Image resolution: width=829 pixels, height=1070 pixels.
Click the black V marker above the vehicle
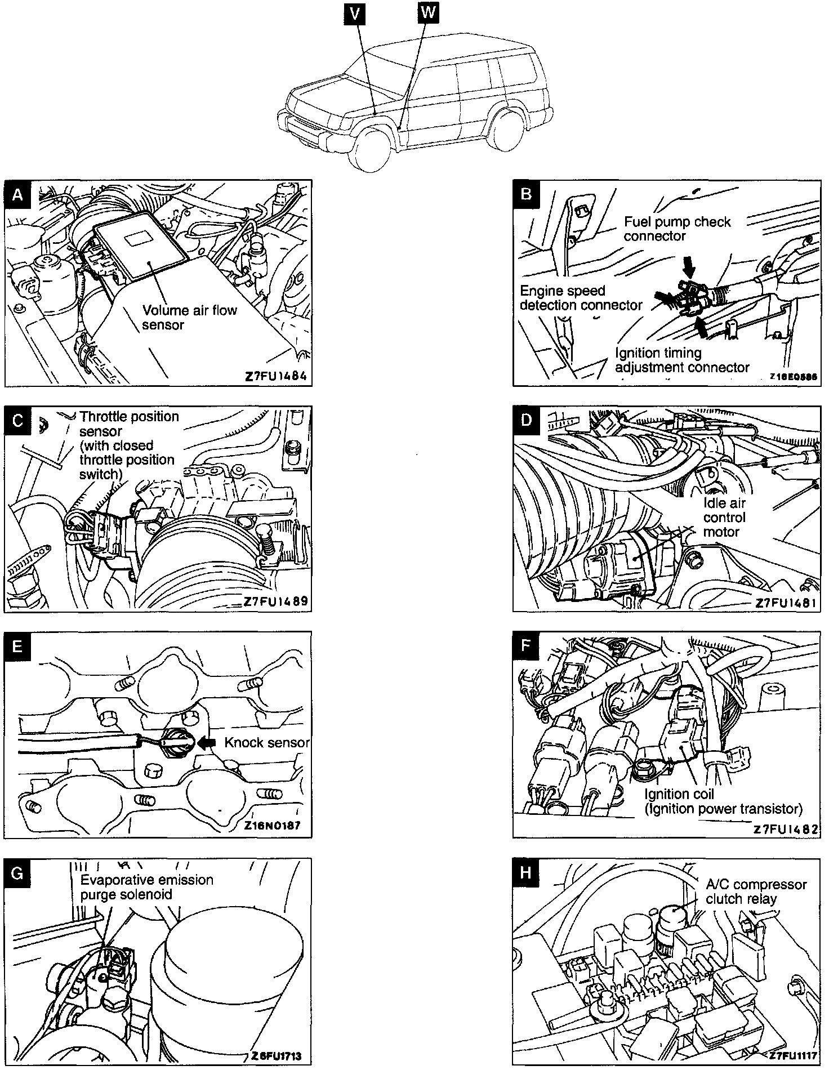click(354, 14)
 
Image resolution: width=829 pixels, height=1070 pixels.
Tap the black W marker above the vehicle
click(427, 12)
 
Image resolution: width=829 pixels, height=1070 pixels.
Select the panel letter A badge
click(18, 194)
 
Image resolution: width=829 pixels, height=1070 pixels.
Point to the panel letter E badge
click(17, 646)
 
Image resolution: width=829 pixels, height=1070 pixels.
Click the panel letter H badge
click(525, 872)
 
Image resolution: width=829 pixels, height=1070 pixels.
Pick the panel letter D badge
click(525, 420)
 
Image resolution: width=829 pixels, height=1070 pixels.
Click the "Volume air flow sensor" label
click(189, 318)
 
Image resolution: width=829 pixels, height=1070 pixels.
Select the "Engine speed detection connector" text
click(581, 298)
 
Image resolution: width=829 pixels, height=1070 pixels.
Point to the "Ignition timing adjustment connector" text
click(681, 360)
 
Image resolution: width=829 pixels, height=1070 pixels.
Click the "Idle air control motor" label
click(724, 518)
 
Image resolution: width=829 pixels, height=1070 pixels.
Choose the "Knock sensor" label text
click(266, 743)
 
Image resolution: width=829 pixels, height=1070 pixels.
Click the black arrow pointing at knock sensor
click(207, 743)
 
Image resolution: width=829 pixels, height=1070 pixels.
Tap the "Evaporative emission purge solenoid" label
click(146, 887)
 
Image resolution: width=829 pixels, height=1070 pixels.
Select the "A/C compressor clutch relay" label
click(756, 892)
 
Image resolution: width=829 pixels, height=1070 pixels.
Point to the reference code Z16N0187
click(273, 826)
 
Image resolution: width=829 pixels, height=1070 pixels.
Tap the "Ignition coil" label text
click(679, 794)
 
